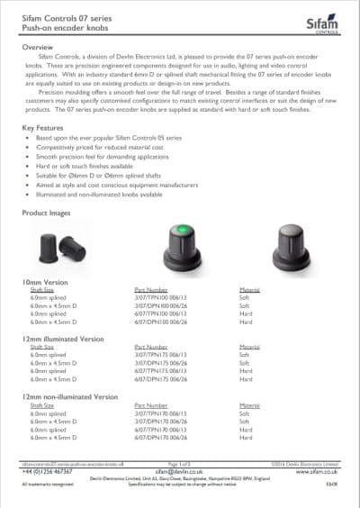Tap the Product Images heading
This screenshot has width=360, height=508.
tap(51, 213)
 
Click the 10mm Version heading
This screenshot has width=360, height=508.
tap(46, 283)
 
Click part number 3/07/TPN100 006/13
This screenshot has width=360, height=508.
tap(157, 298)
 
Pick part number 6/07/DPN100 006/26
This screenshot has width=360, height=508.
tap(157, 320)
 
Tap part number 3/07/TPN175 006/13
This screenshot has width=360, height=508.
tap(157, 355)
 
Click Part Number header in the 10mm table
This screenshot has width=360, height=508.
tap(150, 290)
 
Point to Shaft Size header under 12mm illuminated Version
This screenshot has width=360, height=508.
tap(43, 347)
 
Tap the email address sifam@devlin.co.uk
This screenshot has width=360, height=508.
tap(179, 471)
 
